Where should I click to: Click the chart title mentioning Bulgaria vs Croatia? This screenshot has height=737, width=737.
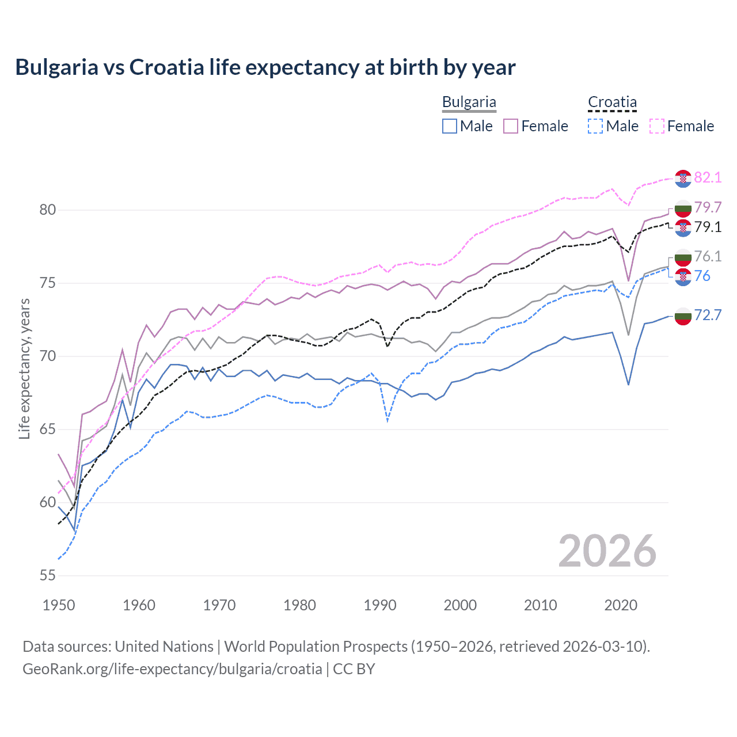click(265, 67)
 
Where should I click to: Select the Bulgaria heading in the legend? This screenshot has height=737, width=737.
click(469, 102)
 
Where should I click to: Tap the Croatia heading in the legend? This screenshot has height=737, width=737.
click(612, 102)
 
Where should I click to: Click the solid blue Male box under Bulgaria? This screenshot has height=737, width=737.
click(450, 126)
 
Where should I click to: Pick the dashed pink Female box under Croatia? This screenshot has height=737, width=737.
click(657, 126)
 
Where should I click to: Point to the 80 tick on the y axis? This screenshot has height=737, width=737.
click(48, 210)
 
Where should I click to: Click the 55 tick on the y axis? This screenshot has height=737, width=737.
click(48, 576)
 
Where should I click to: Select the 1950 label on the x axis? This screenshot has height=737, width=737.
click(59, 605)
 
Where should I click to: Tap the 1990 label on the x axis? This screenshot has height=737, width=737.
click(380, 605)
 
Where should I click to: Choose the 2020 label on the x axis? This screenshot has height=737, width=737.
click(621, 605)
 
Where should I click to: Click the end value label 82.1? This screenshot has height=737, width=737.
click(708, 177)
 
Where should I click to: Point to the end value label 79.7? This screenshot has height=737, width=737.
click(708, 207)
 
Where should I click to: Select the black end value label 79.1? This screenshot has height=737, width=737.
click(708, 227)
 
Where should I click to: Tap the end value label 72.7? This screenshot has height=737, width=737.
click(708, 315)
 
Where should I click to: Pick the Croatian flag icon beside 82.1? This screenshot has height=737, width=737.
click(683, 178)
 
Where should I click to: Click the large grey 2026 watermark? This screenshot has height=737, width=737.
click(607, 551)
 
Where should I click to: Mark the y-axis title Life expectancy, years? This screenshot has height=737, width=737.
click(24, 368)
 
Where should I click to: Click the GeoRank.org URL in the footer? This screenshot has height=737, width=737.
click(172, 669)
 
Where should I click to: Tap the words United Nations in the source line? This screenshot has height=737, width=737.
click(164, 647)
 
